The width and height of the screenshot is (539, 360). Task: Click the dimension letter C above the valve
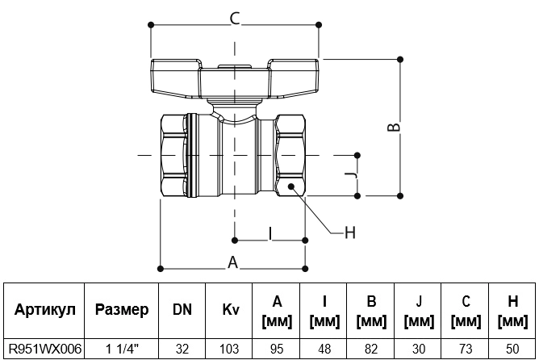(235, 19)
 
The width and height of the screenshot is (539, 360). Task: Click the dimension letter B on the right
(394, 128)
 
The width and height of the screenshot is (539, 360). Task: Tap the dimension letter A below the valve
(232, 262)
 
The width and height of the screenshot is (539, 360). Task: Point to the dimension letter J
(351, 176)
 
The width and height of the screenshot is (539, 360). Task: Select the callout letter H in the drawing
(349, 232)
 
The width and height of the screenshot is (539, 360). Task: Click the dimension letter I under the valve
(270, 234)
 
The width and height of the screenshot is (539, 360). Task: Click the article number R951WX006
(44, 349)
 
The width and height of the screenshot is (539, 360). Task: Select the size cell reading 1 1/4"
(122, 349)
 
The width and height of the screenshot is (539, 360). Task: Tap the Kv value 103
(229, 349)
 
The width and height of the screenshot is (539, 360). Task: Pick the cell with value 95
(277, 349)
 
